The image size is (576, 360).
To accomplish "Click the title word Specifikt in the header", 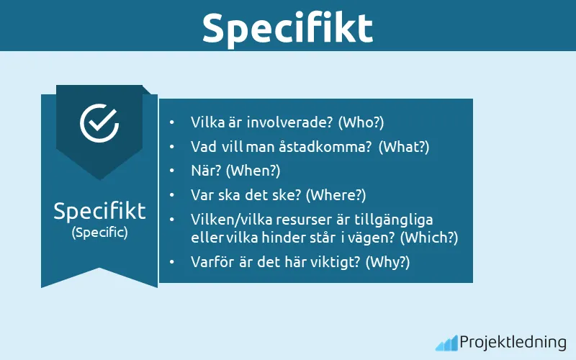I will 287,27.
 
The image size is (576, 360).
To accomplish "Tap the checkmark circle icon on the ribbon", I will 99,122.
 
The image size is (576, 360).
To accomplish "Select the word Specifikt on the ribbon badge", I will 99,211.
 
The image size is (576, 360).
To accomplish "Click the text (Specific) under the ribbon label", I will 99,233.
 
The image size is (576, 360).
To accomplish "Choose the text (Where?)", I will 336,194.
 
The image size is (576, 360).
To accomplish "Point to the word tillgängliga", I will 401,219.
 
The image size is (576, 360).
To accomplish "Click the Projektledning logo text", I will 513,342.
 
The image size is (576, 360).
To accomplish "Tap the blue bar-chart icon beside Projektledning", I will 446,343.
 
